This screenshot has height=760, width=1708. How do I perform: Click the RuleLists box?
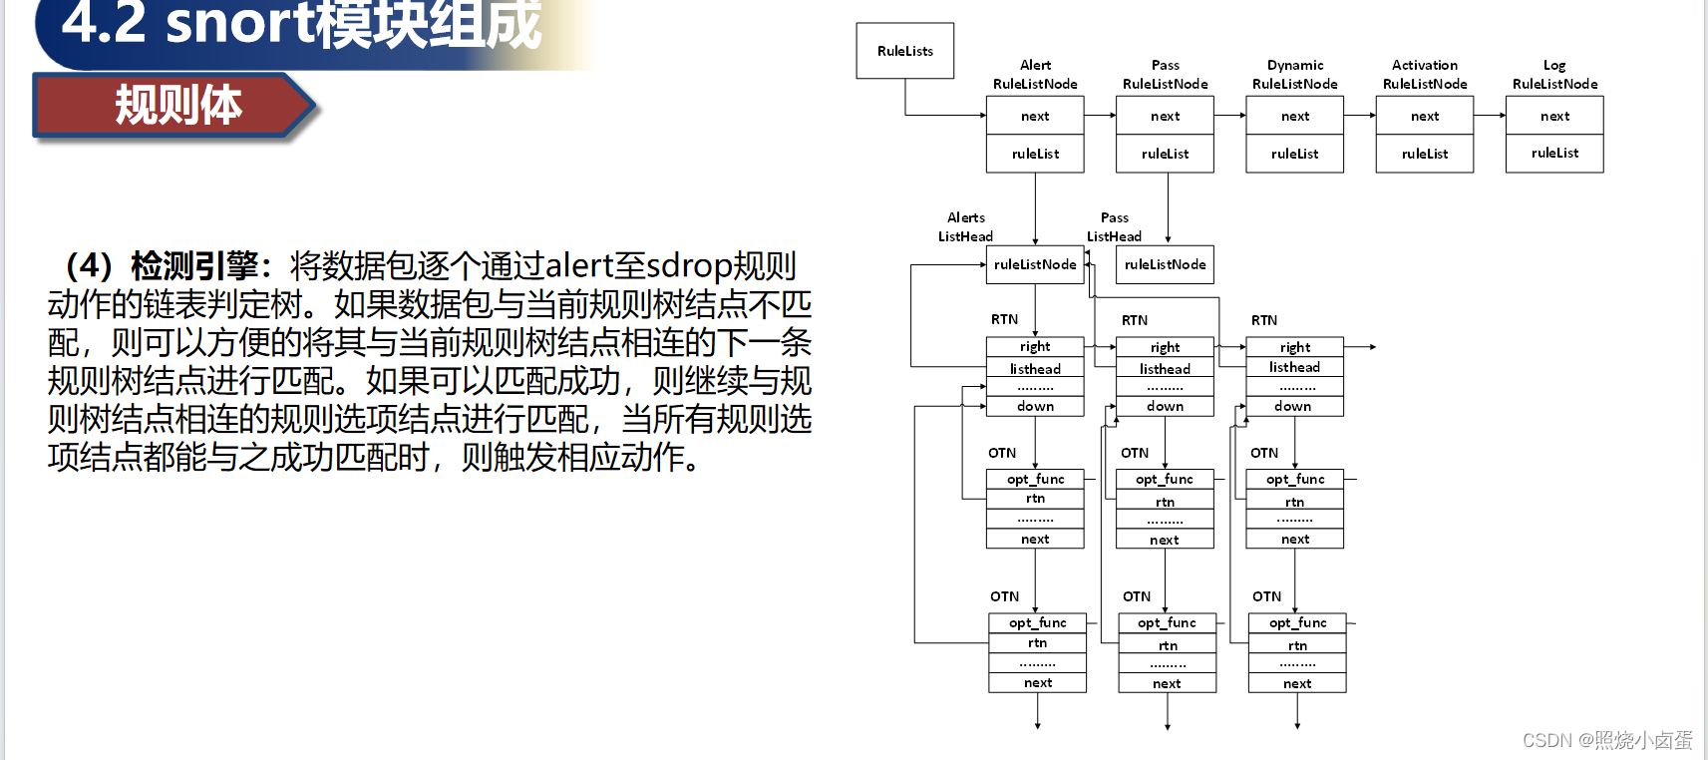point(904,51)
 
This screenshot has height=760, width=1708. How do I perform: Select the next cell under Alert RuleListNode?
point(1035,116)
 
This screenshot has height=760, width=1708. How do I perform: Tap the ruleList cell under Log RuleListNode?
point(1554,154)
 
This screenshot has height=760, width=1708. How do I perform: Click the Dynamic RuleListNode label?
point(1295,75)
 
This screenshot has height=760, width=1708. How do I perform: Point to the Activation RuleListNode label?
point(1425,75)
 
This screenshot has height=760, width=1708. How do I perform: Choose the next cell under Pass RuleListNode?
point(1165,116)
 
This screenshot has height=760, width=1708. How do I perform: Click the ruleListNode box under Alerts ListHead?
point(1035,264)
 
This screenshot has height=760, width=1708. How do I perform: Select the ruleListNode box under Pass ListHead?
point(1165,264)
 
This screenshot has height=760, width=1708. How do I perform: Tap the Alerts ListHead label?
point(965,226)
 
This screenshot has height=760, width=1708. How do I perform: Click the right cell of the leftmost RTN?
point(1035,347)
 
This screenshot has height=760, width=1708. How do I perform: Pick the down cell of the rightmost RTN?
point(1293,406)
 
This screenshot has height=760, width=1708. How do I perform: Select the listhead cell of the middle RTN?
point(1165,369)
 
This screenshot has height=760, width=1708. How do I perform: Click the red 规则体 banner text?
point(177,105)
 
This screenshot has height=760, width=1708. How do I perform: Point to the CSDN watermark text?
point(1606,740)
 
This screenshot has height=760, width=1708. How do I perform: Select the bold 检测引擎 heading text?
point(193,266)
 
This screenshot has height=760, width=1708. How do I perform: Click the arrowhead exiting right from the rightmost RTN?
point(1372,347)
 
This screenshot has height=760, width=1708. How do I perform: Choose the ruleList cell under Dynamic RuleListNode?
point(1295,154)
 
